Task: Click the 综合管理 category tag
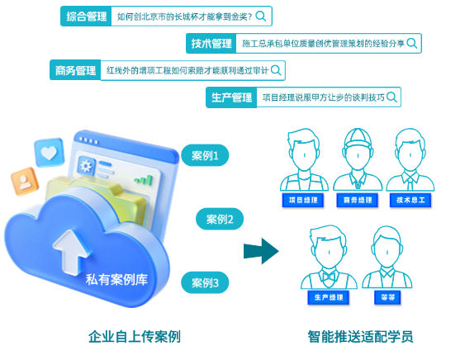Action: click(86, 17)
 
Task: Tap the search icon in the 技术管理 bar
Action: click(412, 43)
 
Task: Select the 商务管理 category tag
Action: click(75, 70)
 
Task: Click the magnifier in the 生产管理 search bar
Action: click(391, 97)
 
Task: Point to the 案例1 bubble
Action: click(205, 155)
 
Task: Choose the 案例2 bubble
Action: click(220, 219)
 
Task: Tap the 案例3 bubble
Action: click(205, 282)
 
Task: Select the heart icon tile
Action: click(50, 152)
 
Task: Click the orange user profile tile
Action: click(25, 182)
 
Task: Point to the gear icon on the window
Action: click(86, 165)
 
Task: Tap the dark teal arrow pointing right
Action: click(261, 251)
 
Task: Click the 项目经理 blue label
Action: click(303, 200)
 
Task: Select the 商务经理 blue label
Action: click(358, 200)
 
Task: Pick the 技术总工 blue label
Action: click(410, 200)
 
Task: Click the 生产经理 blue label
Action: click(329, 297)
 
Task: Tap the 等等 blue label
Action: click(387, 297)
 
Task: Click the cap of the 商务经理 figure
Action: click(358, 137)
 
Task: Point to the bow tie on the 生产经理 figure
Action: click(329, 277)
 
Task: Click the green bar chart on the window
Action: click(144, 180)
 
